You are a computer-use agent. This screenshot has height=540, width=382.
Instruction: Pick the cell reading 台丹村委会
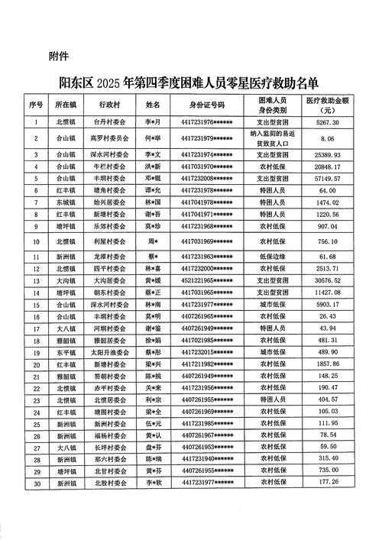click(x=106, y=121)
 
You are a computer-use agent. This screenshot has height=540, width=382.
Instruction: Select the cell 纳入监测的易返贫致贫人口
click(x=272, y=137)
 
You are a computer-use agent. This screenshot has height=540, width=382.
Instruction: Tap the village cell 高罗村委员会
click(x=106, y=138)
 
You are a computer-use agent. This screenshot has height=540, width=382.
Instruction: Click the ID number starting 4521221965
click(x=208, y=282)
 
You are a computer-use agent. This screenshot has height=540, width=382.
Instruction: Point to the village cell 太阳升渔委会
click(x=106, y=354)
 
